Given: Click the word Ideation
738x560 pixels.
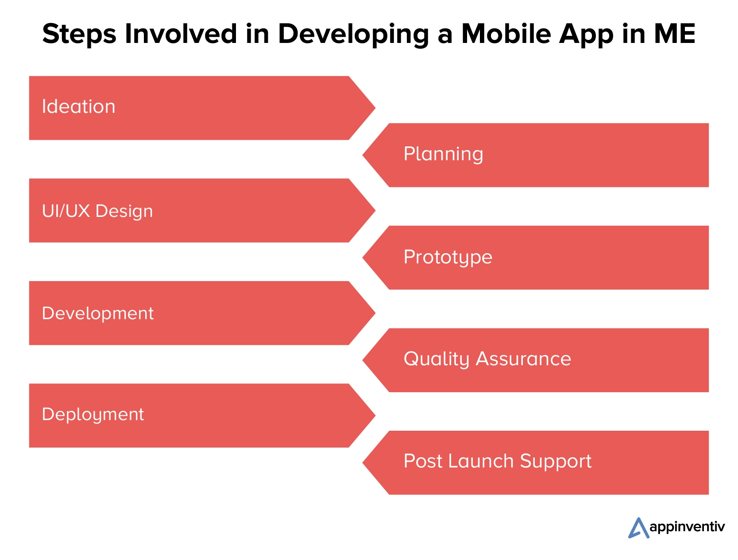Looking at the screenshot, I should tap(78, 107).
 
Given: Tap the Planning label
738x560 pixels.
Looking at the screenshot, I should tap(443, 154).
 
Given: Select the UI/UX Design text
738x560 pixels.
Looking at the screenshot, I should tap(97, 211).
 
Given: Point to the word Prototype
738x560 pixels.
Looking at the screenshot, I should tap(448, 257).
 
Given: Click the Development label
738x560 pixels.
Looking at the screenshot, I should tap(97, 313).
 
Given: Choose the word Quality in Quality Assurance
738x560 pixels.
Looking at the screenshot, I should tap(436, 359).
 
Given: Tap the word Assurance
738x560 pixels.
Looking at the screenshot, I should tap(523, 359).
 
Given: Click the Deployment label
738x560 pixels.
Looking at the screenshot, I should tap(93, 415).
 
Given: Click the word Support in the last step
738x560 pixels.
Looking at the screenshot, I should tap(556, 462).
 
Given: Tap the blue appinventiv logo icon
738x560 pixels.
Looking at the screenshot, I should tap(638, 528).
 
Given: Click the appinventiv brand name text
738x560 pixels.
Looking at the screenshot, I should tap(687, 527).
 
